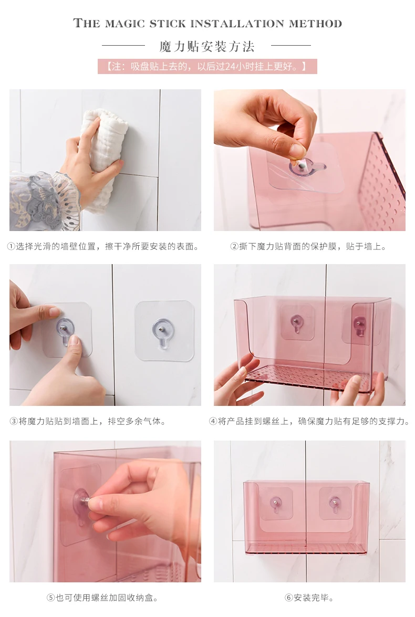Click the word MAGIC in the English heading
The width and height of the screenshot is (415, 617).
(125, 24)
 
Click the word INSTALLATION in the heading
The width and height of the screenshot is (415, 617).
(237, 24)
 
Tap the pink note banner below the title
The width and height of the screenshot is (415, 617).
(207, 67)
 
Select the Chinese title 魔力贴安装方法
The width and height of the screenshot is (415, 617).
(207, 47)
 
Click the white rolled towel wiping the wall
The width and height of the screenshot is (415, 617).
(103, 158)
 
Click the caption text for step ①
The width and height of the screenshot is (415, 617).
(103, 246)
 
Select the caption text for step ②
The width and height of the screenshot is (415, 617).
(308, 246)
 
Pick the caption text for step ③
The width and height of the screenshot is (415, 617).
(88, 421)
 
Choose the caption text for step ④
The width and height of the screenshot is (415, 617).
(309, 421)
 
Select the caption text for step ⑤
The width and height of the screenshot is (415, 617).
(102, 598)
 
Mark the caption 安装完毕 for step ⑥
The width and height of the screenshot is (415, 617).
(309, 598)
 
